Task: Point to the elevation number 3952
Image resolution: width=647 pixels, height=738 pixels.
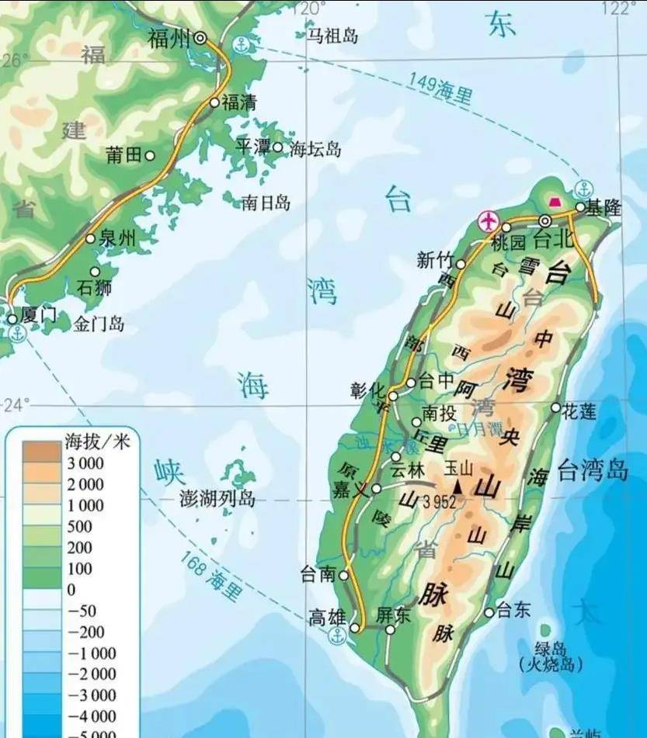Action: pos(440,502)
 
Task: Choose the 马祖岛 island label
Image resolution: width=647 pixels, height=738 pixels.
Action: pos(332,35)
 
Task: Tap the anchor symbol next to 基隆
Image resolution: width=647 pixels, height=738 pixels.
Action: pos(583,189)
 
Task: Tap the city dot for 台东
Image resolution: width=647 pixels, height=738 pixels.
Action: pos(489,612)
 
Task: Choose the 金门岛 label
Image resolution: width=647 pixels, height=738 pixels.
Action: pos(99,324)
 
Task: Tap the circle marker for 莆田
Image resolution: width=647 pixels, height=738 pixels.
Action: pos(150,155)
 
